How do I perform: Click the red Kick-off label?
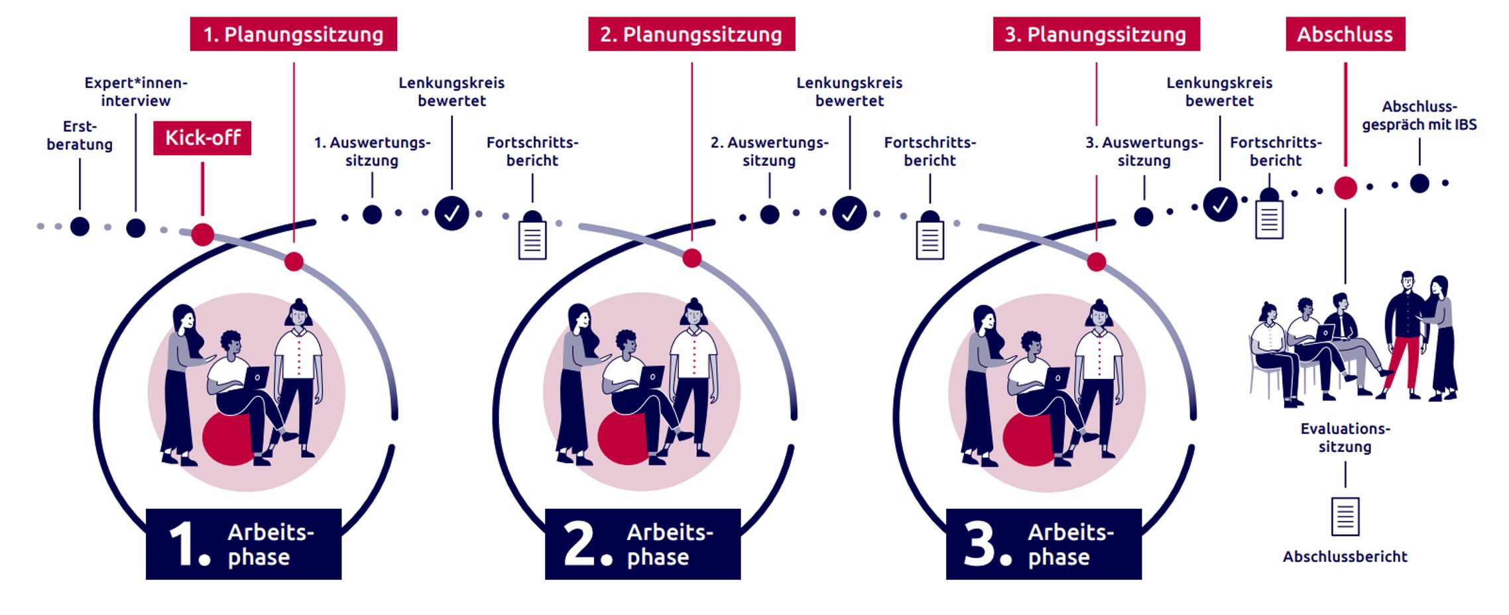[202, 138]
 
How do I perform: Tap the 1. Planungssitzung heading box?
[293, 34]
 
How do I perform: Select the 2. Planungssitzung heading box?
[691, 34]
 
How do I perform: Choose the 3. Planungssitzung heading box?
[1095, 34]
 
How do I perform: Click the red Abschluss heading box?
[1345, 34]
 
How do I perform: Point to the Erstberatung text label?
[80, 135]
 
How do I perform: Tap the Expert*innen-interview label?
[136, 92]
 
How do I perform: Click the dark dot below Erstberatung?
[80, 226]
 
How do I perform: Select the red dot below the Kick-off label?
[202, 234]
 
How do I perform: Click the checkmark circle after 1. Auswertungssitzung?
[452, 213]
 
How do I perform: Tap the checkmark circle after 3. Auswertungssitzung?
[1220, 205]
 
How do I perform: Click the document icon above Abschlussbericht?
[1345, 516]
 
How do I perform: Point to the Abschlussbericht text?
[1345, 557]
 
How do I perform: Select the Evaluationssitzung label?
[1345, 437]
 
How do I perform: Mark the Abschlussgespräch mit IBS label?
[1419, 116]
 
